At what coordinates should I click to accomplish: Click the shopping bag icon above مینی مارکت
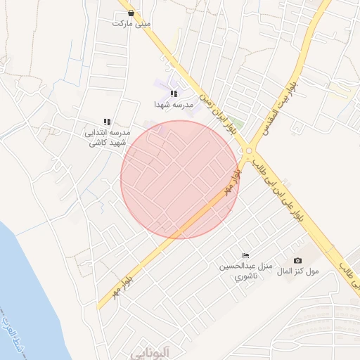[x=131, y=13]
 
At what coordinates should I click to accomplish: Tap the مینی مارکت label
[x=131, y=23]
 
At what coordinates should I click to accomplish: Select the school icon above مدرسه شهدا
[x=174, y=94]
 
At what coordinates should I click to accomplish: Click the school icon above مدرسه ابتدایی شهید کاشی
[x=108, y=122]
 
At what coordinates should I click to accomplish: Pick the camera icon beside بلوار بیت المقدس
[x=298, y=124]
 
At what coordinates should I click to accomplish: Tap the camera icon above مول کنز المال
[x=297, y=261]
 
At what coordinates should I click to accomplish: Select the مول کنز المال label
[x=298, y=271]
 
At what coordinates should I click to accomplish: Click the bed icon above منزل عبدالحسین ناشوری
[x=245, y=255]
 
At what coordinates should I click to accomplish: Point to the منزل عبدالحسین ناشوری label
[x=242, y=271]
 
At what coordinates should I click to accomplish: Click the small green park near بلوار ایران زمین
[x=238, y=127]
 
